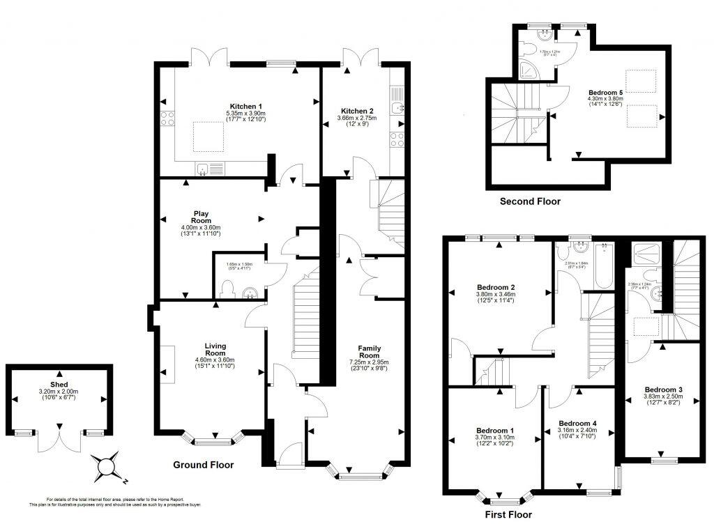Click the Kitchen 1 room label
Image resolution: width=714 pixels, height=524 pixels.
coord(220,105)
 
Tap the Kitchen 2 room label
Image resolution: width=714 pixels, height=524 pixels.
coord(357,111)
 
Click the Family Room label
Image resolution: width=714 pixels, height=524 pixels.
coord(369,351)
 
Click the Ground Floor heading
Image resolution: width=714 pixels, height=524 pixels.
coord(203,465)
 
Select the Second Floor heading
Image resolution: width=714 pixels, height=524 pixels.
coord(530,201)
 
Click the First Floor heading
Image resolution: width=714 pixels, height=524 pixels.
coord(508,515)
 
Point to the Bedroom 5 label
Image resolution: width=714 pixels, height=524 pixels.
coord(605,92)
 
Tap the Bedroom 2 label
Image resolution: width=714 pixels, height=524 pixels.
coord(496,287)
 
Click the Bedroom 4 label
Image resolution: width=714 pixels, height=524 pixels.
coord(577,423)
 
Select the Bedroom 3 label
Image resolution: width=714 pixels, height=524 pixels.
coord(663,390)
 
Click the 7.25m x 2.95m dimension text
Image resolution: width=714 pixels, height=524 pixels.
coord(369,362)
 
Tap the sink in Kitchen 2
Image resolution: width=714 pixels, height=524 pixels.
coord(398,107)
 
